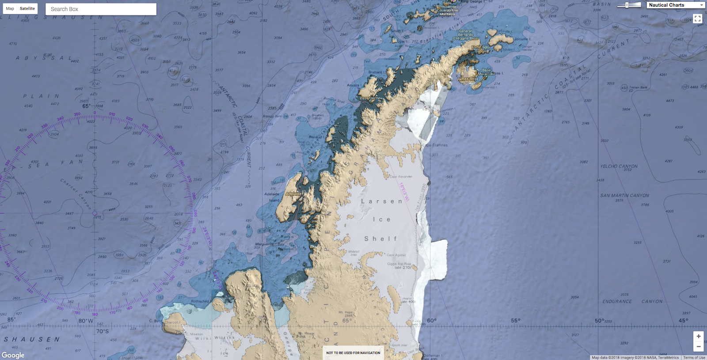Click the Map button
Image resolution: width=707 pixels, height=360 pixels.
[10, 8]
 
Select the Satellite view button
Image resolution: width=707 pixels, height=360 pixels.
[27, 8]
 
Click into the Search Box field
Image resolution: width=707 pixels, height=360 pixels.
[101, 9]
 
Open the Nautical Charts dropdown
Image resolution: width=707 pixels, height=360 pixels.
[676, 5]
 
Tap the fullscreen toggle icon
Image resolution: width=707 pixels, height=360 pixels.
[697, 19]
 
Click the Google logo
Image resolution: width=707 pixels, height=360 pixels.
[13, 355]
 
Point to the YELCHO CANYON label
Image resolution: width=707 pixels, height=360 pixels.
[619, 167]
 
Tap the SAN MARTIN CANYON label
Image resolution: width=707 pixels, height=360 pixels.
[624, 195]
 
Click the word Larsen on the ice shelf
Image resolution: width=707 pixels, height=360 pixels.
[382, 201]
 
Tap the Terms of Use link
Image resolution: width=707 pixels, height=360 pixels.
[694, 357]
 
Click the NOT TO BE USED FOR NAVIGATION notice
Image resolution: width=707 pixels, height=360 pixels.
[353, 353]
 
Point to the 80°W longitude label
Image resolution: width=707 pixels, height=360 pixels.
[86, 321]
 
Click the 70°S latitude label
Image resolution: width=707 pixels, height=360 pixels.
[103, 331]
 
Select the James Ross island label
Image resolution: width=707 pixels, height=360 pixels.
[468, 79]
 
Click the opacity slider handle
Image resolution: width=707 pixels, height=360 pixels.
[627, 5]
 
